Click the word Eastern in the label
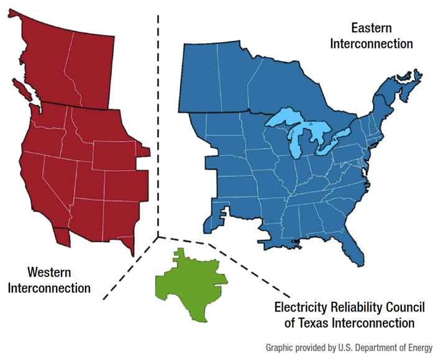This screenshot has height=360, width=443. coord(372,28)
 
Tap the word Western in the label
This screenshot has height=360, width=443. coord(49,272)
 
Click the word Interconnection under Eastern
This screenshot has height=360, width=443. coord(372,43)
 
